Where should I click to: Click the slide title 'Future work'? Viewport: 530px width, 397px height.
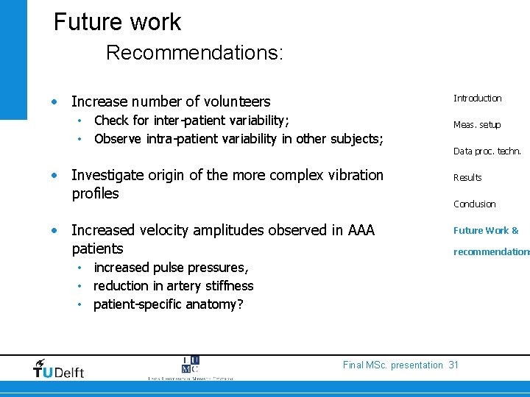(x=117, y=21)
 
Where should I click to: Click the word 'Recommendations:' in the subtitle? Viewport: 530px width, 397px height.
(x=194, y=53)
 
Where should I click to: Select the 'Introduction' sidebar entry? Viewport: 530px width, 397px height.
(x=477, y=98)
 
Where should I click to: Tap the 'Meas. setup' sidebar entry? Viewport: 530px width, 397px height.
(x=477, y=124)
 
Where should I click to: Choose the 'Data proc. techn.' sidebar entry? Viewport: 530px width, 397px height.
(x=487, y=151)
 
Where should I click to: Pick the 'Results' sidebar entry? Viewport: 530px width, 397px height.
(x=467, y=177)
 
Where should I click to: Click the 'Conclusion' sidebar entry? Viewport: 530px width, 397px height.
(x=474, y=204)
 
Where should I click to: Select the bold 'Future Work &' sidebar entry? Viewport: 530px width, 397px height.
(x=486, y=230)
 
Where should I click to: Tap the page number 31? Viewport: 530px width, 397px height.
(x=453, y=365)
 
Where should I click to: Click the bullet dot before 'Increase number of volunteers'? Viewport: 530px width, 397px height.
(x=55, y=101)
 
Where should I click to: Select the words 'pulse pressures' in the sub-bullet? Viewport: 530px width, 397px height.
(x=199, y=267)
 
